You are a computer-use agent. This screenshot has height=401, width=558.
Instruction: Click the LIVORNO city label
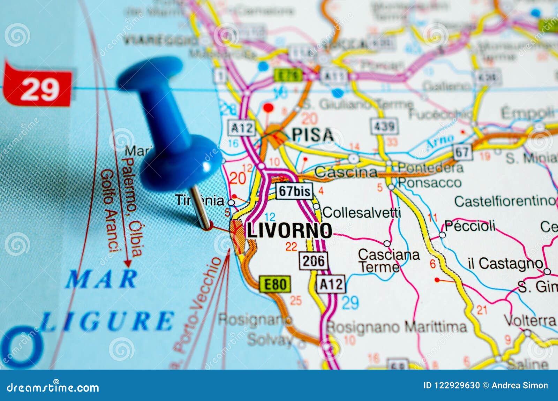[289, 230]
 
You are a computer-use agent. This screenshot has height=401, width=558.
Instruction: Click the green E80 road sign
[275, 284]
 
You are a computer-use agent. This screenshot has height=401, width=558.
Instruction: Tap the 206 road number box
[314, 260]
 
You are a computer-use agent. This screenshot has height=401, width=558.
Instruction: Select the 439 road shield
[384, 126]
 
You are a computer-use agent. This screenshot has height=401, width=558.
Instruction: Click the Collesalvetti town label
[361, 212]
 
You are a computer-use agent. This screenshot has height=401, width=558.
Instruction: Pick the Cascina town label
[346, 172]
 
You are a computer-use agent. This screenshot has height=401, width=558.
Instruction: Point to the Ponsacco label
[430, 182]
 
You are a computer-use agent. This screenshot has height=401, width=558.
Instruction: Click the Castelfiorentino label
[504, 201]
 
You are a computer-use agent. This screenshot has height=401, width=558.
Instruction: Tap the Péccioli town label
[470, 226]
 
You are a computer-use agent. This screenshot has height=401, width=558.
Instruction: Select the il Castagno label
[505, 264]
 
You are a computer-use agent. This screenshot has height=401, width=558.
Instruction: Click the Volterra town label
[529, 320]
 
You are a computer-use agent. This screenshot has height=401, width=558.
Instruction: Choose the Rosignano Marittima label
[396, 327]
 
